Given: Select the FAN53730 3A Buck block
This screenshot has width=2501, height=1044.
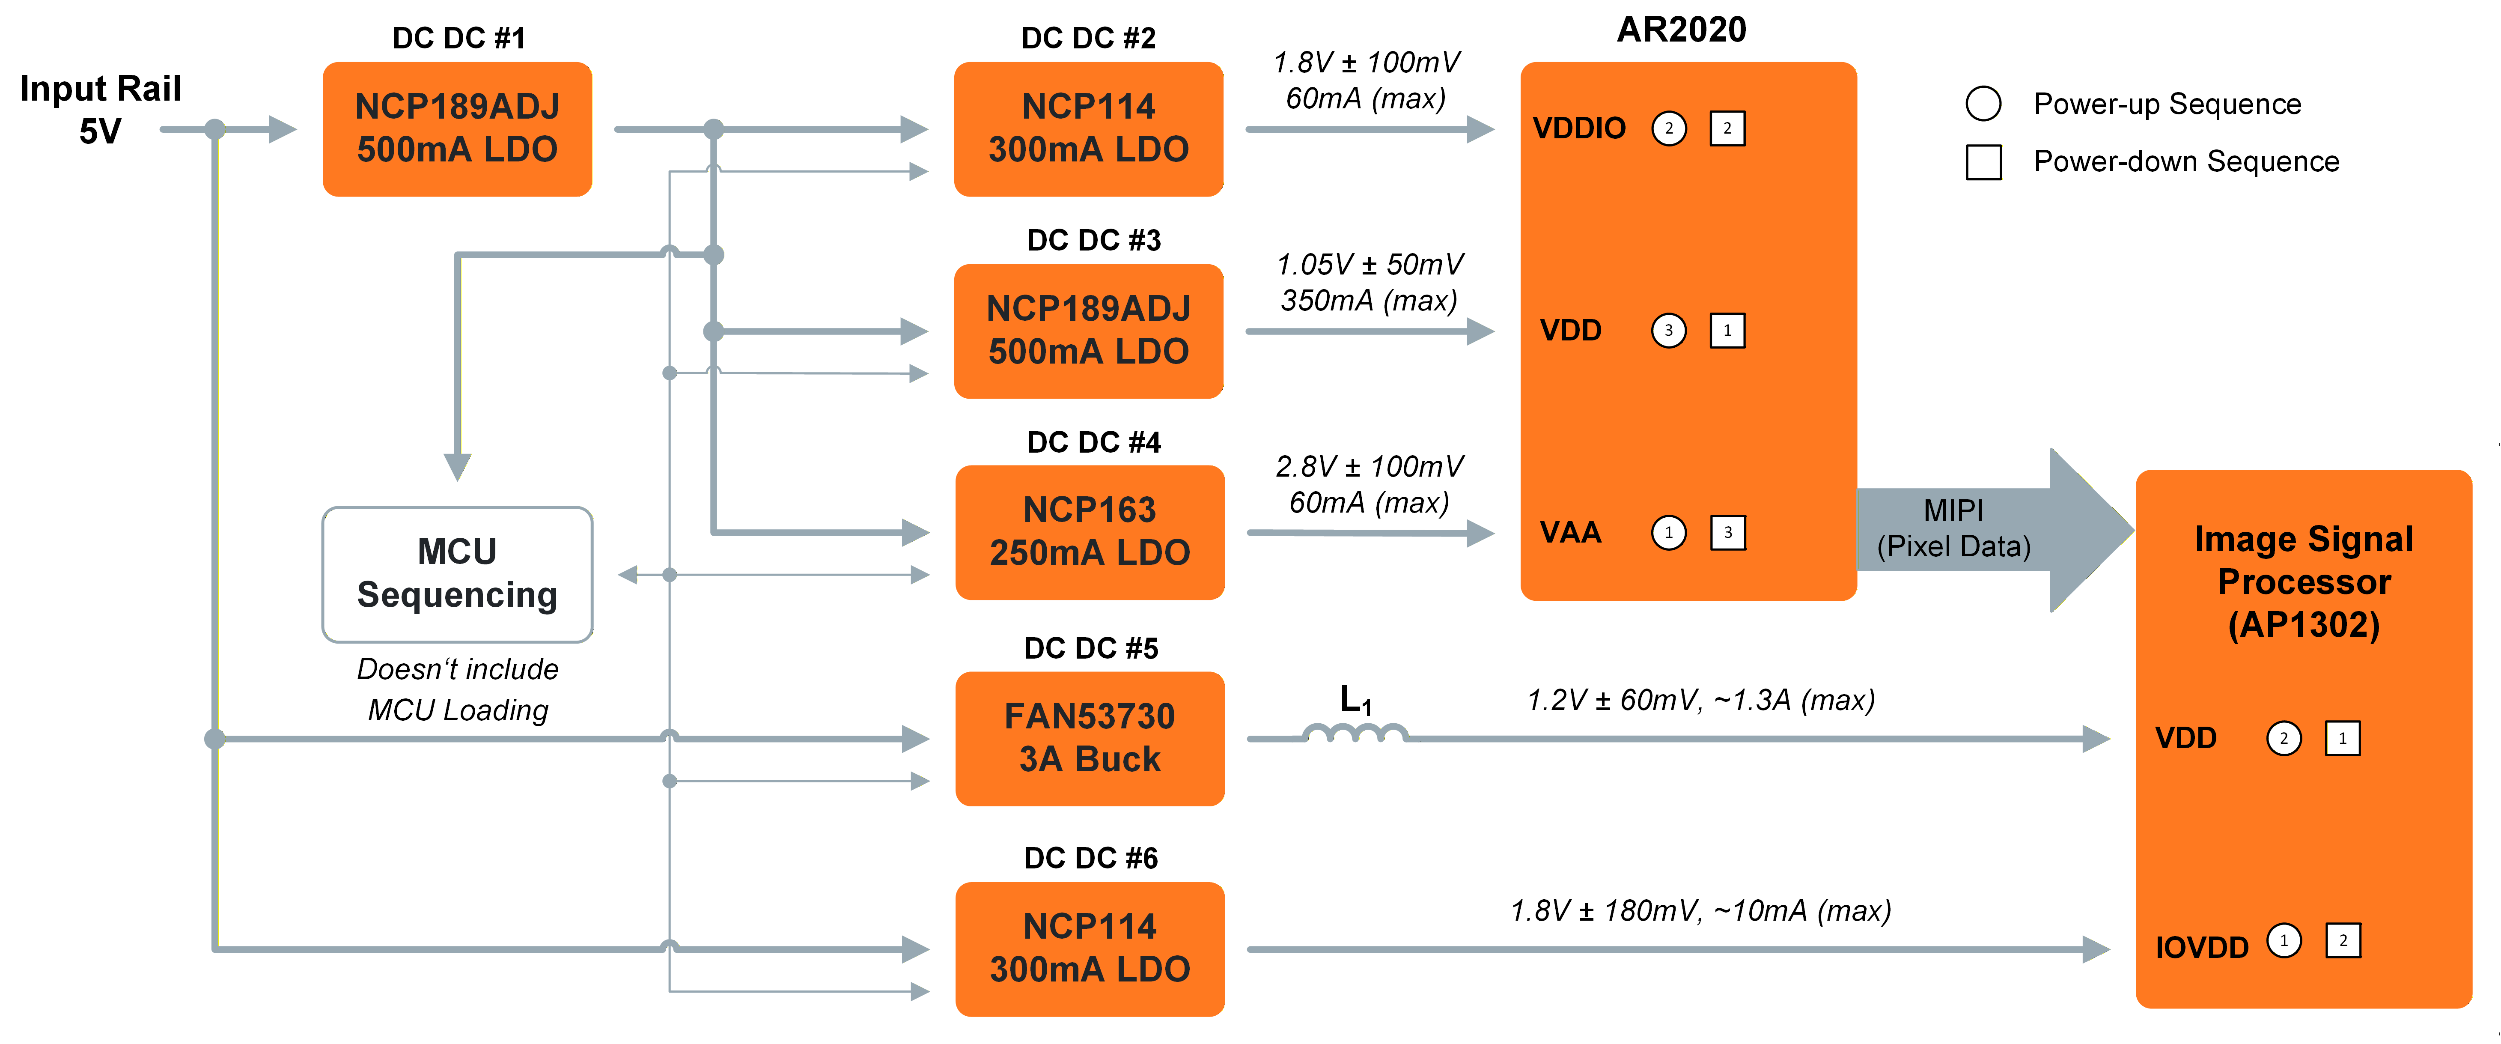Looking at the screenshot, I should click(x=1090, y=738).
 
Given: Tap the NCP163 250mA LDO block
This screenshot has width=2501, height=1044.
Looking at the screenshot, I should click(x=1090, y=532).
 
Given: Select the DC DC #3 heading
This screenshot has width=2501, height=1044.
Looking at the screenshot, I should click(x=1093, y=240).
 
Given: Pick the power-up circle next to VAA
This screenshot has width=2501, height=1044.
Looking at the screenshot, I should click(x=1669, y=532).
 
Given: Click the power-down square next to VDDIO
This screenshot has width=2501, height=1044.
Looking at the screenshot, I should click(x=1727, y=128).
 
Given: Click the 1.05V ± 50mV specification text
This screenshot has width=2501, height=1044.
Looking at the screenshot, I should click(x=1369, y=264).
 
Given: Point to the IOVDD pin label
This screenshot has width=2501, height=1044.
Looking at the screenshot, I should click(x=2201, y=947).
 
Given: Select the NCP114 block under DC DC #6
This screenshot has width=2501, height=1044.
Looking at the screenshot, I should click(x=1090, y=948).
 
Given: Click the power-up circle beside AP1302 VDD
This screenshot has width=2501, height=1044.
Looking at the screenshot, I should click(x=2284, y=738).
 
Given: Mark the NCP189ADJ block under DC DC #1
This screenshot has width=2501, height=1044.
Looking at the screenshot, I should click(x=457, y=128).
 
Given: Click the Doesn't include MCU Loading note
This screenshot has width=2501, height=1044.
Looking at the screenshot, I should click(x=457, y=689).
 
